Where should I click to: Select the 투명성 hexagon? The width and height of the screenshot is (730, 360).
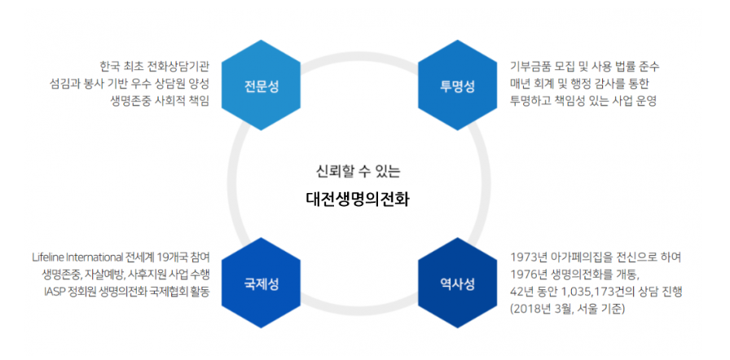pyautogui.click(x=457, y=86)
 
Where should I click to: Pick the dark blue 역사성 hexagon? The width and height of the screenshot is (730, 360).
pyautogui.click(x=457, y=283)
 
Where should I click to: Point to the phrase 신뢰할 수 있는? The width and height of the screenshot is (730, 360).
pyautogui.click(x=358, y=171)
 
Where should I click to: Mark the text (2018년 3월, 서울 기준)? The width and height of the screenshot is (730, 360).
pyautogui.click(x=573, y=310)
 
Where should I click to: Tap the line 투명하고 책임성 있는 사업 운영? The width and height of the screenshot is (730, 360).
pyautogui.click(x=583, y=101)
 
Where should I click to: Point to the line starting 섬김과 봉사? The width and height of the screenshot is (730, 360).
pyautogui.click(x=130, y=83)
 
